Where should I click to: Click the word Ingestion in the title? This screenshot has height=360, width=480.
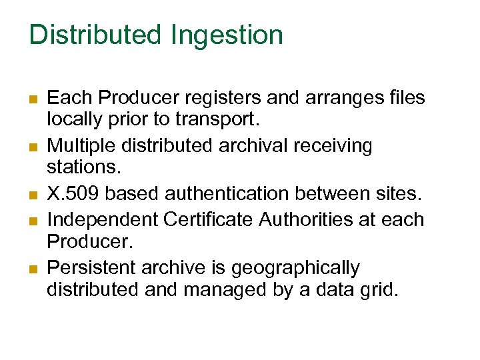227,36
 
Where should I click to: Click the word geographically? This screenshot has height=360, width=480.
295,268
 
